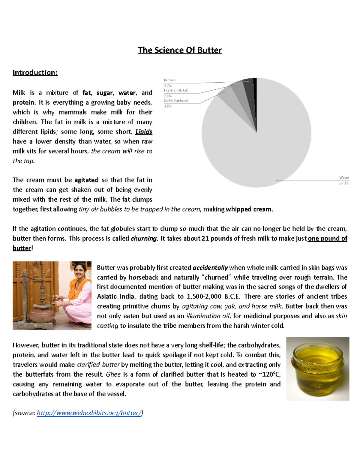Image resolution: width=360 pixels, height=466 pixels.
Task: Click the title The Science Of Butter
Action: tap(180, 50)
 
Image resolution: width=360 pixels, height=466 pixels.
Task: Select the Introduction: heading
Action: tap(35, 73)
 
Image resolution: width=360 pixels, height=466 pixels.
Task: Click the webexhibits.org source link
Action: tap(89, 413)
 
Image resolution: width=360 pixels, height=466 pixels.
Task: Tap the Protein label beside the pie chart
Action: tap(169, 80)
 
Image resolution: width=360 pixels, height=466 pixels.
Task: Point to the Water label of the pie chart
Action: tap(344, 178)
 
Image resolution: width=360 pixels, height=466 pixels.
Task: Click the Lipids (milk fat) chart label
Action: tap(176, 90)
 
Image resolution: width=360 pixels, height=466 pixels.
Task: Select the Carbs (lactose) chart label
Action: tap(176, 101)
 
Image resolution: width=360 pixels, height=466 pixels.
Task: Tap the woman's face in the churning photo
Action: tap(80, 271)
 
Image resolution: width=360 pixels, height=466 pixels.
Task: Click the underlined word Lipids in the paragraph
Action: tap(144, 132)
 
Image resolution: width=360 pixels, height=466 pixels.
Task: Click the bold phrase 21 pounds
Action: tap(217, 239)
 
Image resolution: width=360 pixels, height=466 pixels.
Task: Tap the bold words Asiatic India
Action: tap(115, 296)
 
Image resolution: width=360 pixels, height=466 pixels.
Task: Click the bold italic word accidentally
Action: tap(210, 268)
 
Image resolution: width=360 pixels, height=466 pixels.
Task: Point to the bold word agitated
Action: tap(86, 180)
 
